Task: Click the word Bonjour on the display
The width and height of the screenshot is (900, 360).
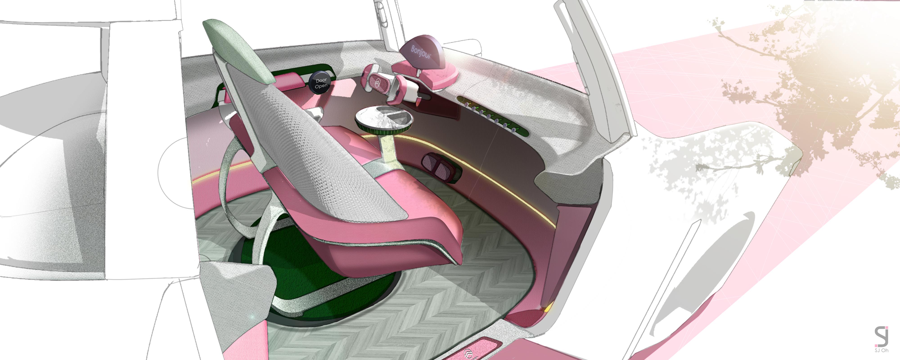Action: pos(421,52)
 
